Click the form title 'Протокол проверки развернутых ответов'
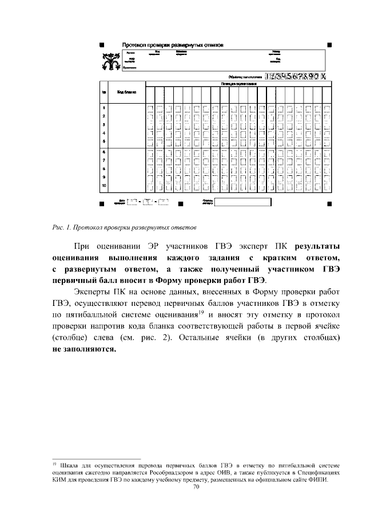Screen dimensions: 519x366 click(172, 44)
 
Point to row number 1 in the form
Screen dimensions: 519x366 click(104, 108)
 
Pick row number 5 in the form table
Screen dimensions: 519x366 click(104, 141)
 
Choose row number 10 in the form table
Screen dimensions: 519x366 click(104, 186)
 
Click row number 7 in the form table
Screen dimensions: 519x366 click(104, 161)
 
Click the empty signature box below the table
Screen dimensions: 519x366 click(242, 201)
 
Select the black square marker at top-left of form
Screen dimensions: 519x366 click(101, 44)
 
